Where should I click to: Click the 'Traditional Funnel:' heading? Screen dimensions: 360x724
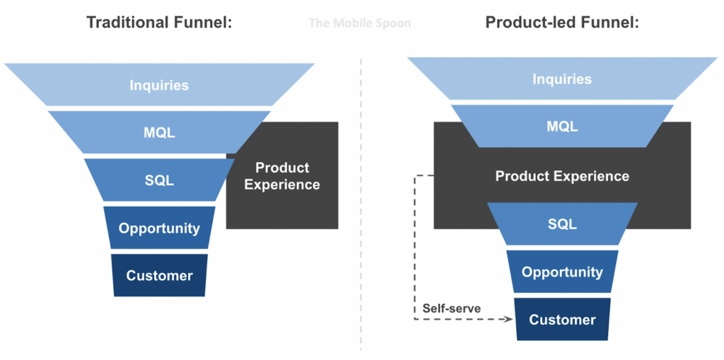coord(159,23)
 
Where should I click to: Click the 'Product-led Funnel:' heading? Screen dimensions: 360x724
coord(562,23)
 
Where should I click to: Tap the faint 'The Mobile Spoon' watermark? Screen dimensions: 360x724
coord(360,23)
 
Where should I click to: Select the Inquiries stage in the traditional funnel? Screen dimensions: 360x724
coord(159,86)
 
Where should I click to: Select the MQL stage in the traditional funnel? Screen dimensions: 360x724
coord(159,132)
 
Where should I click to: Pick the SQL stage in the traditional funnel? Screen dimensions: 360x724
coord(159,180)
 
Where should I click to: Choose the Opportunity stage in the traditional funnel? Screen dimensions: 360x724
coord(159,228)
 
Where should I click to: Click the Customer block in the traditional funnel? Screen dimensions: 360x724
coord(159,275)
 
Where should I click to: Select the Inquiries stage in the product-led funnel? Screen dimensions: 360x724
coord(562,79)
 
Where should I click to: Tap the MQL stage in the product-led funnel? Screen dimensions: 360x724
coord(562,127)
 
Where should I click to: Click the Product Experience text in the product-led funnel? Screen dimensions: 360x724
coord(562,176)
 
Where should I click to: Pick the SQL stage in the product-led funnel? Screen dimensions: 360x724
coord(562,223)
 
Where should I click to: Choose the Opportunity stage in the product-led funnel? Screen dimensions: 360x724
coord(562,272)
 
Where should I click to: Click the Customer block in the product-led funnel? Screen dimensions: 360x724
coord(562,319)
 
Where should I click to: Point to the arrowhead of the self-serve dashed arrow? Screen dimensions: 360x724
coord(509,320)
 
